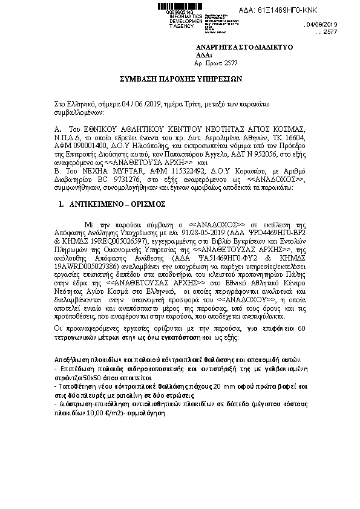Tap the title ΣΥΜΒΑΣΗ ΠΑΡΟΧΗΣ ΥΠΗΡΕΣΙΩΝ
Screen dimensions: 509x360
point(180,79)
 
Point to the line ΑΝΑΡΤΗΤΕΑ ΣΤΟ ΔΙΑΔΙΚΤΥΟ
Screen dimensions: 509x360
point(244,47)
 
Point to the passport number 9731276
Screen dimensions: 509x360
point(125,180)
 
